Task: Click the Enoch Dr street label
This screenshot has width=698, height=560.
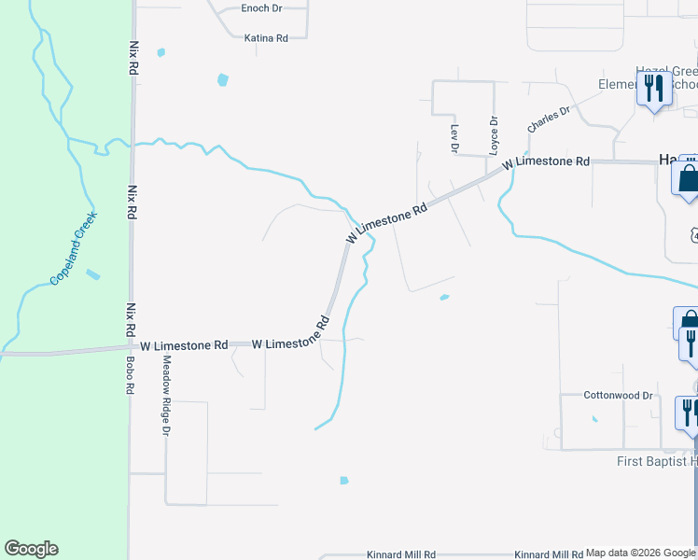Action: pos(260,8)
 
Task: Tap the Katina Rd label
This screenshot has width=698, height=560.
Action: pos(265,38)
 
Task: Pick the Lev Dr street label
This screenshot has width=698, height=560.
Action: pos(454,138)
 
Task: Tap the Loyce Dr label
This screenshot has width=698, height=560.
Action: pos(495,134)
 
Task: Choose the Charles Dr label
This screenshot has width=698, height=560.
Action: pos(548,119)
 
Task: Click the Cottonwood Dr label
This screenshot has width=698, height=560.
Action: pos(618,396)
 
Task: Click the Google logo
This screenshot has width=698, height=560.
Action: pos(31,549)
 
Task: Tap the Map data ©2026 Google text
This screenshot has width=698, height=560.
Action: pos(640,553)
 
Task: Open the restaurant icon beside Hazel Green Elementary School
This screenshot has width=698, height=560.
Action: pos(653,90)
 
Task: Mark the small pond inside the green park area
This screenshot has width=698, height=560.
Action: pos(91,274)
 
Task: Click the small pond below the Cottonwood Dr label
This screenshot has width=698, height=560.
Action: pos(593,418)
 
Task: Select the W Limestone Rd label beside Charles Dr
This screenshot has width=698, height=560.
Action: pos(545,162)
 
